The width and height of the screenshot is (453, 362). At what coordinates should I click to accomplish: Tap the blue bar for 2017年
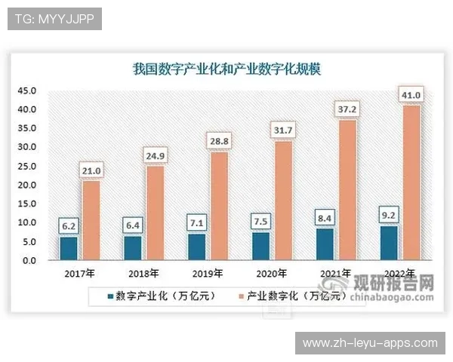coord(69,248)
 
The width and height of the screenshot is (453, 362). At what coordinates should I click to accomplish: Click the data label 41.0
coord(411,95)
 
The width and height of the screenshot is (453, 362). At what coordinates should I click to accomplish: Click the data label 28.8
coord(219,141)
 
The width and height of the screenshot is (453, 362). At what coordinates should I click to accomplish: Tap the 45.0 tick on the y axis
coord(27,91)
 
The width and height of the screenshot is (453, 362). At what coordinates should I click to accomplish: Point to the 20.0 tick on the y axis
coord(27,186)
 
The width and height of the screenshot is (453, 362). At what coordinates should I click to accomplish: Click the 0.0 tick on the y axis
coord(29,261)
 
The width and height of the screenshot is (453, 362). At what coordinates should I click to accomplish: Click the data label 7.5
coord(261,221)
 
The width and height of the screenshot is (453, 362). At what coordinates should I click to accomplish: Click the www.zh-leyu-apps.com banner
coord(370,343)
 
